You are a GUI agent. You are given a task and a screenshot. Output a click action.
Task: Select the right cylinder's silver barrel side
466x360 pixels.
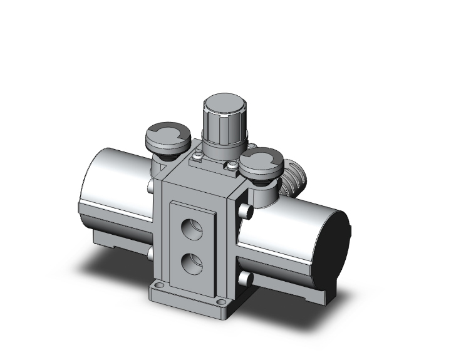tap(282, 238)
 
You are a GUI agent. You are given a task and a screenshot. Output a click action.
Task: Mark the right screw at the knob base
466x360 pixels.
tap(232, 165)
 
